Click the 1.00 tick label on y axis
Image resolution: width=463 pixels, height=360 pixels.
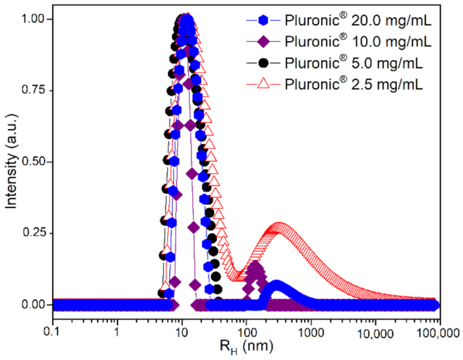[34, 19]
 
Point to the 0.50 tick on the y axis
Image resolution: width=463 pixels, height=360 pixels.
[34, 162]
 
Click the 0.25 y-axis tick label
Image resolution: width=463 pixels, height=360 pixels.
[34, 233]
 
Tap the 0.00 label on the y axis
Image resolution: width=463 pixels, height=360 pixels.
[34, 305]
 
